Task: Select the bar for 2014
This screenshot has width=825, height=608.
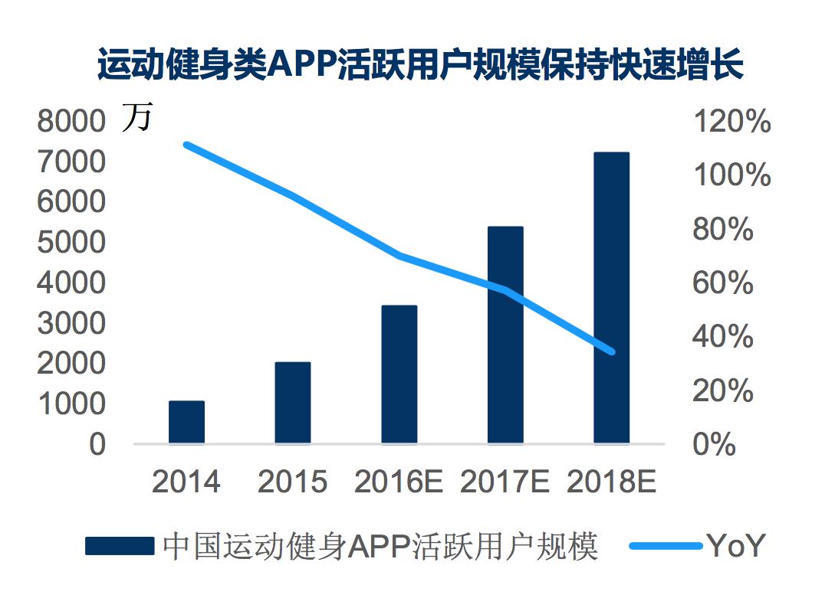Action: (x=186, y=422)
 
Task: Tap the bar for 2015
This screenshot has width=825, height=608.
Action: (x=293, y=403)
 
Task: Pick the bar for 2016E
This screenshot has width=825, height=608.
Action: (x=399, y=374)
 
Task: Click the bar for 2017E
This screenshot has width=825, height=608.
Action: (x=505, y=335)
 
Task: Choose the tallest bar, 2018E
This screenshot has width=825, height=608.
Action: (x=611, y=298)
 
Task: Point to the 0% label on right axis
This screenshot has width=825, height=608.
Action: (x=714, y=445)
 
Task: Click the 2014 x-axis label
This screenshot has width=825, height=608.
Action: (x=186, y=482)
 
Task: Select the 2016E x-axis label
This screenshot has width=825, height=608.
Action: (x=399, y=482)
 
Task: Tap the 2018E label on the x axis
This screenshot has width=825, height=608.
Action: (x=611, y=482)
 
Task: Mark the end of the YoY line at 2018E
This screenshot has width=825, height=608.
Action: (x=612, y=351)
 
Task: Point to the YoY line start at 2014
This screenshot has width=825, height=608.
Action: (x=186, y=144)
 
